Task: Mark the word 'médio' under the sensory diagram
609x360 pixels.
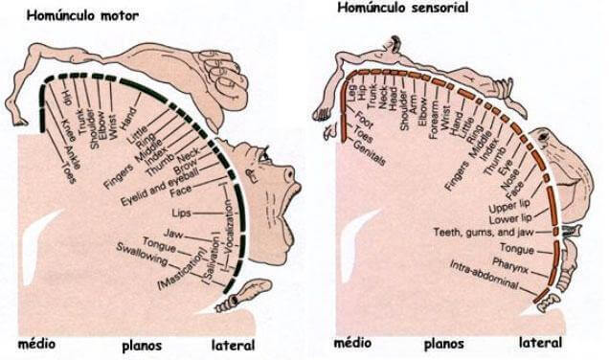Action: click(x=351, y=342)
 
